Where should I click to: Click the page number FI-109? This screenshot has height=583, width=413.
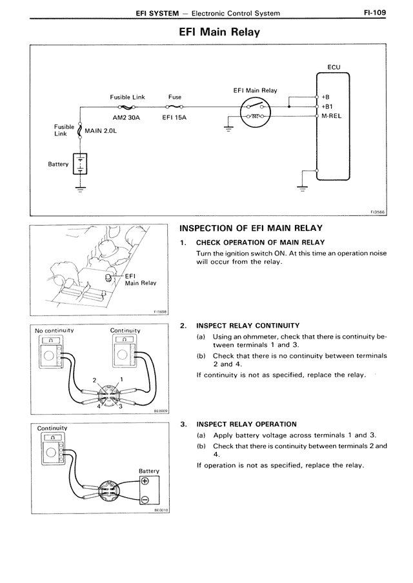tap(375, 13)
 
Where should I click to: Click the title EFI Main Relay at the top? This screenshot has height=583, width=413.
tap(219, 32)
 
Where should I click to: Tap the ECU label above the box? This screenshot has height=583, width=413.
tap(334, 67)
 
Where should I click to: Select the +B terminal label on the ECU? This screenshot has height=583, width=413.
tap(326, 97)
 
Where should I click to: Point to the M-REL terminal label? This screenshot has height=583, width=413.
tap(331, 116)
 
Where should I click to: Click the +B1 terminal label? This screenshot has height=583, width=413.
tap(327, 106)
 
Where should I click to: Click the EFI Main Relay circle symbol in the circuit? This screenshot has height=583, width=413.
tap(256, 112)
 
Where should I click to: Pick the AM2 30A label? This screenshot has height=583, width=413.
tap(126, 117)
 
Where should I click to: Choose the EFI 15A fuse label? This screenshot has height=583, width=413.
tap(174, 117)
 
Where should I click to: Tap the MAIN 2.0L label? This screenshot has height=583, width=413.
tap(101, 131)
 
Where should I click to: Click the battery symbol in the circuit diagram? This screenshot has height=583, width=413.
tap(80, 164)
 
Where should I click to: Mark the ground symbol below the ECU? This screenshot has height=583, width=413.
tap(302, 188)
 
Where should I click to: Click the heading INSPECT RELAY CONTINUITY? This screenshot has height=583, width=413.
tap(248, 326)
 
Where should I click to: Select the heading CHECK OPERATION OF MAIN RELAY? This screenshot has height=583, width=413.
tap(261, 242)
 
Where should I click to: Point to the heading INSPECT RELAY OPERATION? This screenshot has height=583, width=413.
tap(247, 424)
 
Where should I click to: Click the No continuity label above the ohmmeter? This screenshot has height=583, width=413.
tap(54, 331)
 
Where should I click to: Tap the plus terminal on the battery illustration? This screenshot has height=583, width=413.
tap(145, 481)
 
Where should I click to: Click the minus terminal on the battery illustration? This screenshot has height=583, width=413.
tap(145, 499)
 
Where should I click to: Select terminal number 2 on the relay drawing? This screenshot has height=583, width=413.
tap(94, 380)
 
